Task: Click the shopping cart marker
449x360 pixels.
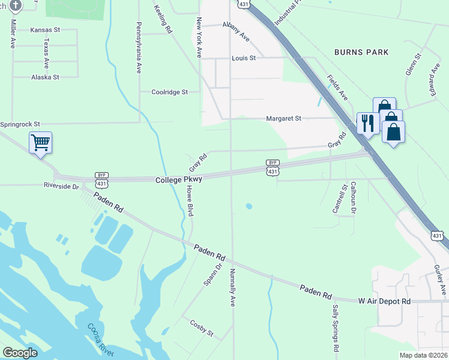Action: pos(40,143)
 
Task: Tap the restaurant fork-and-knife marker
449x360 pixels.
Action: pos(367,123)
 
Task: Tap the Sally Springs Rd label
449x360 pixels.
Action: pos(336,328)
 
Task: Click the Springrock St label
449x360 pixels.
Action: pos(20,124)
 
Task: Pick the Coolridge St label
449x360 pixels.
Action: pos(170,92)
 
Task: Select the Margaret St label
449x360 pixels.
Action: pos(283,119)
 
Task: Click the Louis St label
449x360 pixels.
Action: pos(244,58)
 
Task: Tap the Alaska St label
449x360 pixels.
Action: pos(45,77)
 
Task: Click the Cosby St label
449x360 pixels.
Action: pos(202,329)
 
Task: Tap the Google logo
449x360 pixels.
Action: pos(20,353)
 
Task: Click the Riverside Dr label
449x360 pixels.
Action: pos(61,187)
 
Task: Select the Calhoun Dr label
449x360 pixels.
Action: pos(354,198)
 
